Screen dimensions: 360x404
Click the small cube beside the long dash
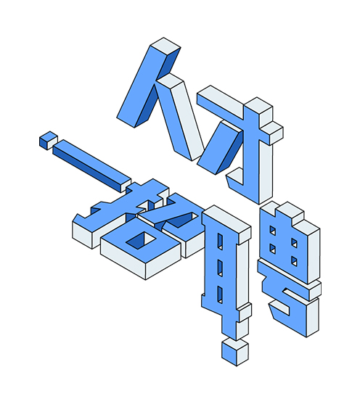48,141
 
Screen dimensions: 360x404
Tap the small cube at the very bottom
234,352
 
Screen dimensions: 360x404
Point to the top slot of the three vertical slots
220,242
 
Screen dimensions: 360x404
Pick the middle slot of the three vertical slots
220,268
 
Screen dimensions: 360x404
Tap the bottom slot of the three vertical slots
220,294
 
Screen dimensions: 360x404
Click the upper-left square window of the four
272,231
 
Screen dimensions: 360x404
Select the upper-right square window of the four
294,243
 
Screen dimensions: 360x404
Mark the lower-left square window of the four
272,249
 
